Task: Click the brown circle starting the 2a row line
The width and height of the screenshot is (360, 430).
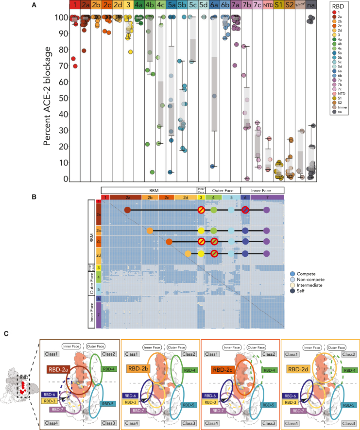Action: [127, 210]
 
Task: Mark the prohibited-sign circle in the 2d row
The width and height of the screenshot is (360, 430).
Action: [214, 253]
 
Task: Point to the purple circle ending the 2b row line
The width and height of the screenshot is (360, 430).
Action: [266, 231]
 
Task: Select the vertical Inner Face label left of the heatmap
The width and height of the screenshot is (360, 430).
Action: [90, 315]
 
